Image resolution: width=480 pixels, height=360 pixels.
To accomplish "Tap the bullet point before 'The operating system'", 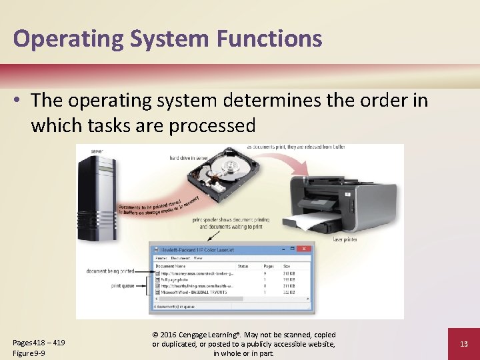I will point(19,101).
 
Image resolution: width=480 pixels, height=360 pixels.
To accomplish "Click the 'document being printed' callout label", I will point(110,271).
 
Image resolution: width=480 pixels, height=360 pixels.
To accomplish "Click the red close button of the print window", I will point(305,249).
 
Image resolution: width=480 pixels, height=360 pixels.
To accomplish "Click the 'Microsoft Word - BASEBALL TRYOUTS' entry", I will point(193,292).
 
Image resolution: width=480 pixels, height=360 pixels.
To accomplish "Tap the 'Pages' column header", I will point(268,266).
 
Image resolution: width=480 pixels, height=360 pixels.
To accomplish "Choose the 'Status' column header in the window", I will point(243,266).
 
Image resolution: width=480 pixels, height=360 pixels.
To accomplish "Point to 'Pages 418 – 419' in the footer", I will point(39,342).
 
